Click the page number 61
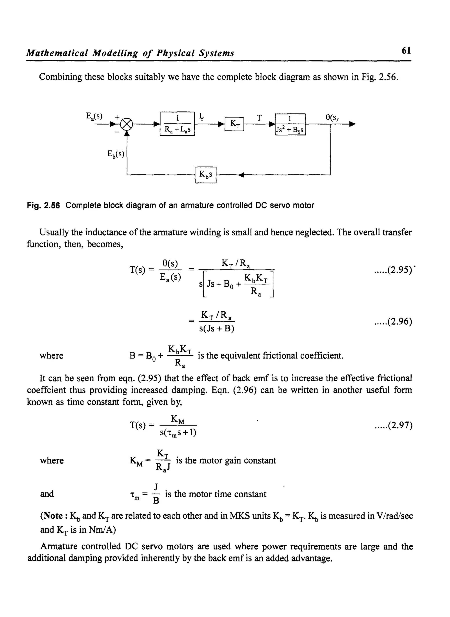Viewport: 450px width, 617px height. point(406,51)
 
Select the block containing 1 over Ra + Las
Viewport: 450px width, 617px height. point(177,124)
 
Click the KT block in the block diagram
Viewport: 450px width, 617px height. point(234,124)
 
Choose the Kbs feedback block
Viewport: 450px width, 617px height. point(206,175)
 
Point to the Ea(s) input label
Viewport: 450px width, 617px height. point(94,116)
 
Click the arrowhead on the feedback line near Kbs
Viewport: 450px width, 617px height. point(241,175)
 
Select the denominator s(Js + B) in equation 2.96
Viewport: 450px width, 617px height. point(217,329)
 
